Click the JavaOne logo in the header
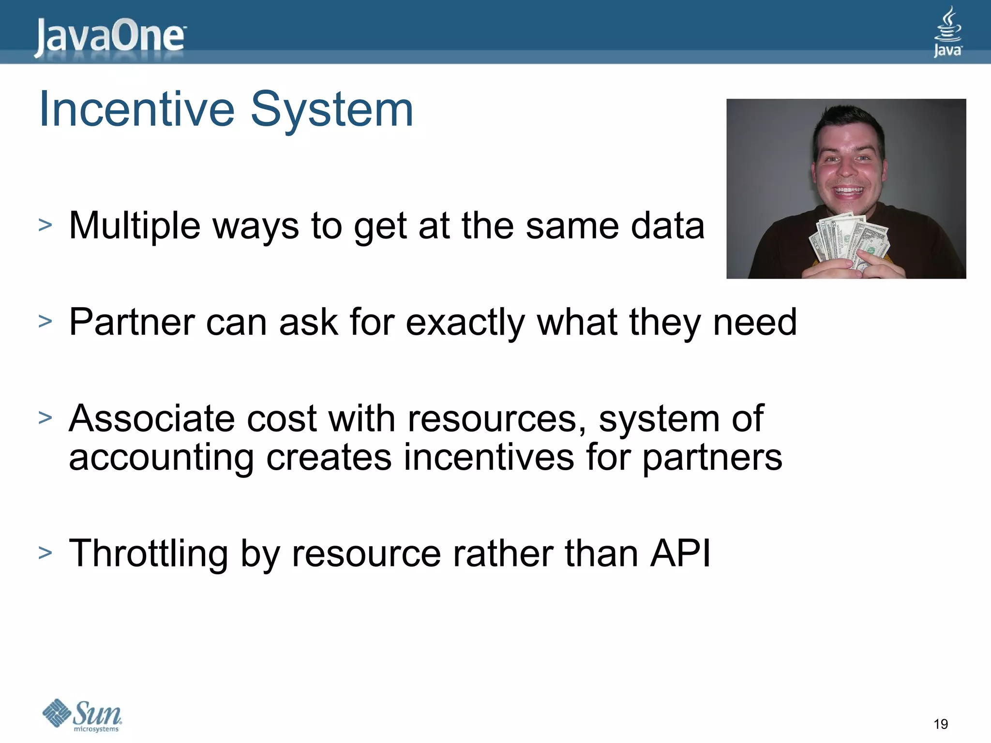[109, 37]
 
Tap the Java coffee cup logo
[947, 32]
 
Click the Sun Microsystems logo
[82, 715]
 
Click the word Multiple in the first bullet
[135, 225]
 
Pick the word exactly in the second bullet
[465, 323]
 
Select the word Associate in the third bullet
[151, 418]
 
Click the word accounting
[161, 458]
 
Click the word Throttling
[148, 553]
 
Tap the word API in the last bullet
[680, 553]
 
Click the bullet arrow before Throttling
[45, 552]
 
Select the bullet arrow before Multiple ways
[45, 224]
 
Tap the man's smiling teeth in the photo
[848, 190]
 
